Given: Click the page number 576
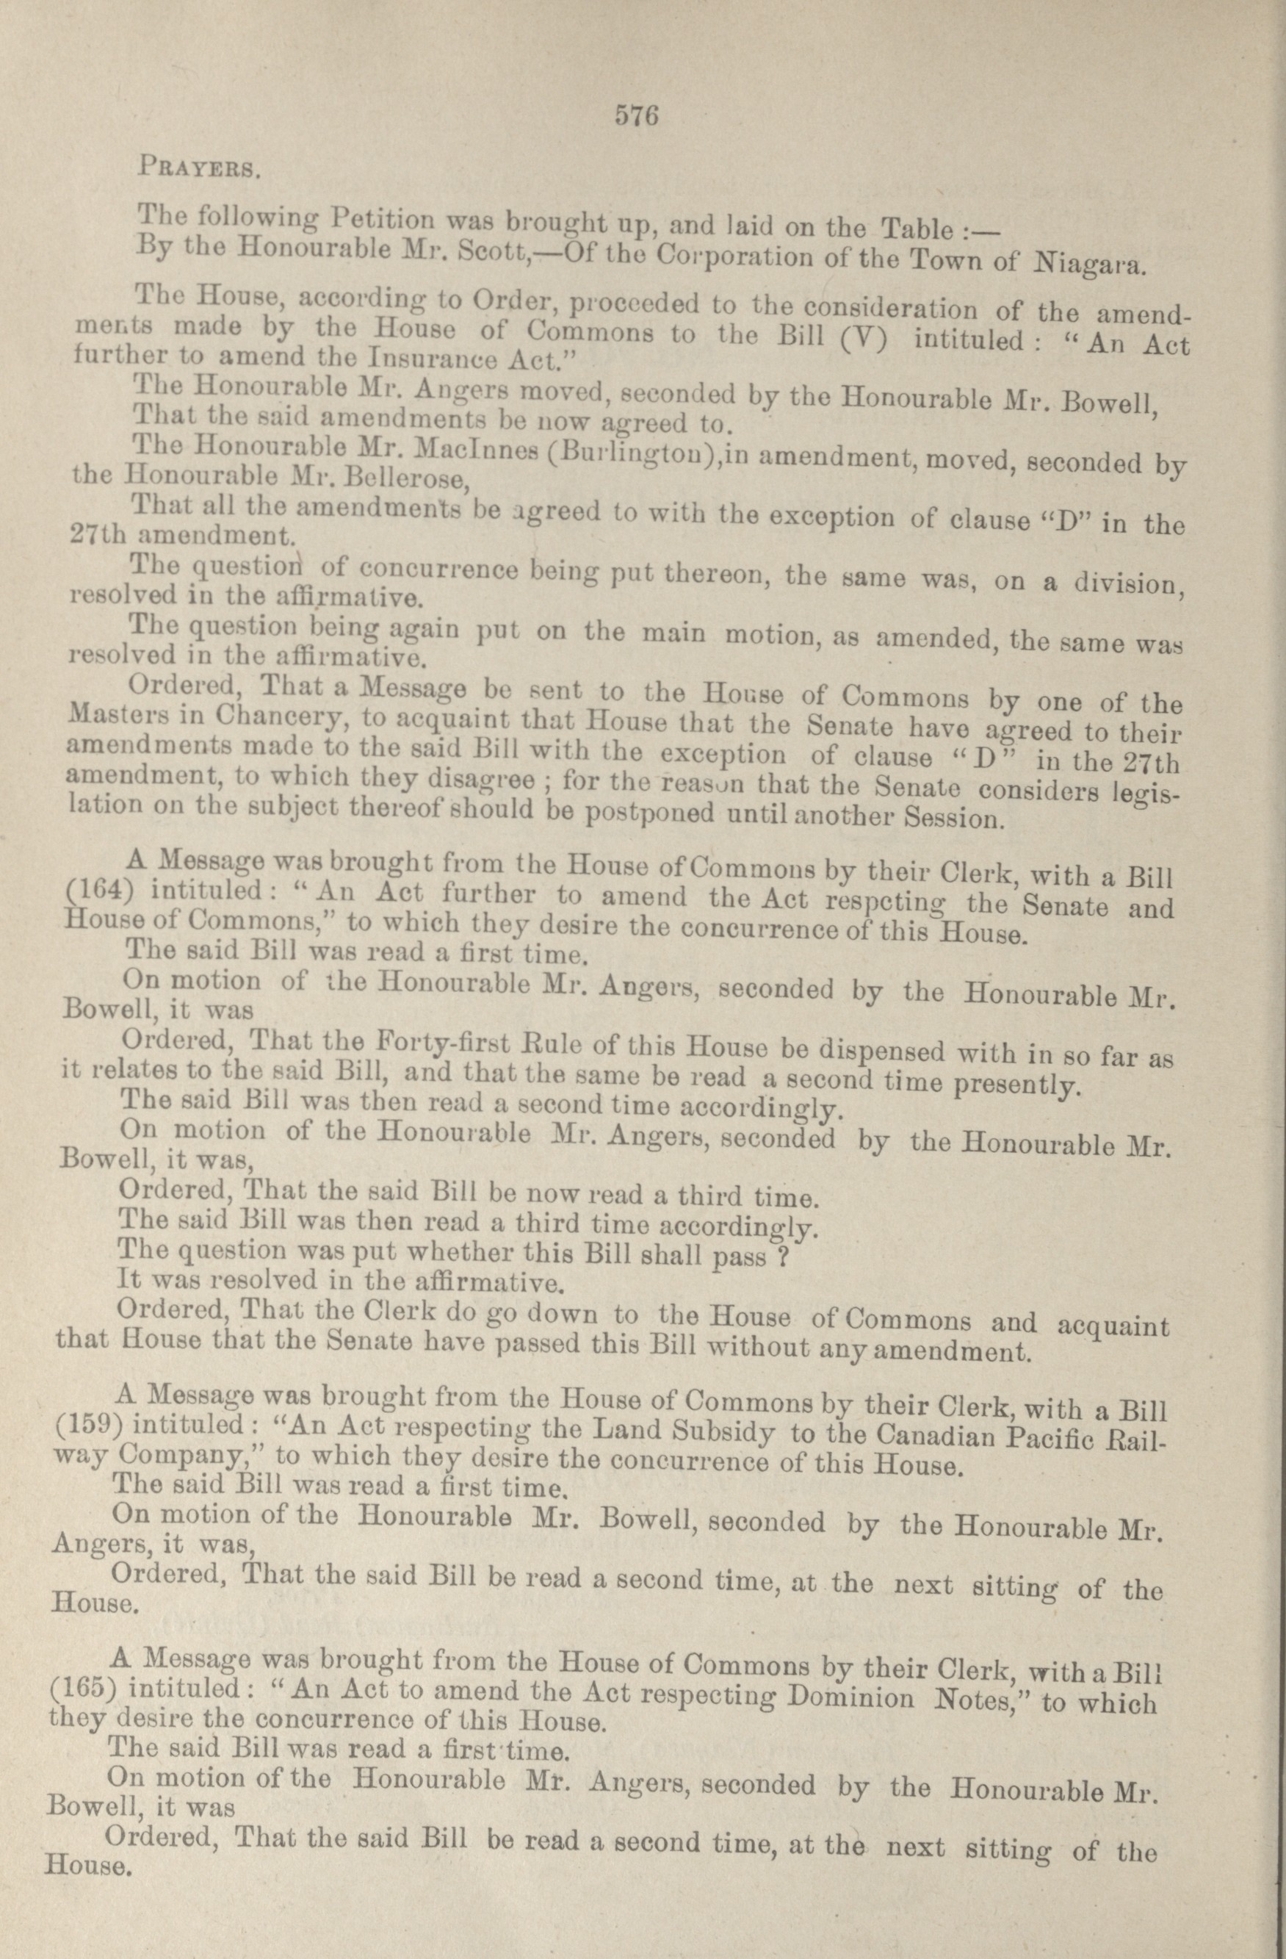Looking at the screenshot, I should pyautogui.click(x=637, y=117).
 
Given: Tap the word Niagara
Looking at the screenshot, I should pyautogui.click(x=1088, y=265).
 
